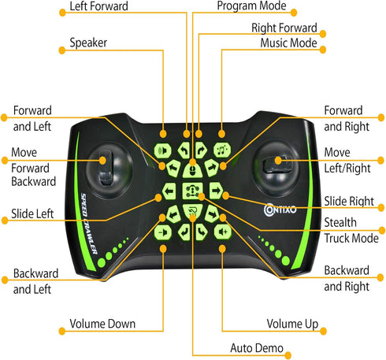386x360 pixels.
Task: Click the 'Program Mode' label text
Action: [251, 6]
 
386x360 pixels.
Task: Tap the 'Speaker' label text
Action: [88, 43]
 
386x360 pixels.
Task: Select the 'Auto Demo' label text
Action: [257, 348]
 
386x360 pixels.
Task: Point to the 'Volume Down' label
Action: [102, 324]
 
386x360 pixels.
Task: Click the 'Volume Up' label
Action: [292, 324]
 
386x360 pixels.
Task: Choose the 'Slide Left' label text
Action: [32, 213]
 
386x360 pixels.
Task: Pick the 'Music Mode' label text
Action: [288, 43]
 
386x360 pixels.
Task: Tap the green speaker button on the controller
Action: [163, 150]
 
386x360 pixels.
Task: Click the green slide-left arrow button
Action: [169, 191]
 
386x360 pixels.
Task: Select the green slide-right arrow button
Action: [216, 191]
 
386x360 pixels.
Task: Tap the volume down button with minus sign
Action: [163, 232]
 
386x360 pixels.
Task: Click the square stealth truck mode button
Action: [192, 191]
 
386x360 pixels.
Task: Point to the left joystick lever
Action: [106, 169]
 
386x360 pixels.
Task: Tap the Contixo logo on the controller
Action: [280, 210]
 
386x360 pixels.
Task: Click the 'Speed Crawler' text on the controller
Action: [89, 224]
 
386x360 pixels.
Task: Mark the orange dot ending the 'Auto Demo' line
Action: [288, 355]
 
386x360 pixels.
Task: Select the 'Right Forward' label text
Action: [284, 28]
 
